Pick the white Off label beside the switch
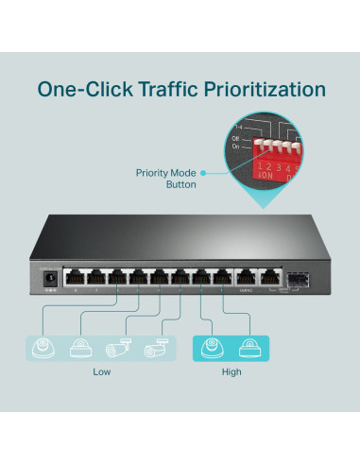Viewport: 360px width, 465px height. pyautogui.click(x=236, y=138)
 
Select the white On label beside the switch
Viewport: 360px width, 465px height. pyautogui.click(x=236, y=146)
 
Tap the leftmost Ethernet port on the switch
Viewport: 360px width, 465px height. pyautogui.click(x=73, y=278)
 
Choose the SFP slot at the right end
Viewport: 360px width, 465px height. pyautogui.click(x=300, y=279)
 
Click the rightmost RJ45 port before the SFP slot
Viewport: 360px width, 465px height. pyautogui.click(x=268, y=278)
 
